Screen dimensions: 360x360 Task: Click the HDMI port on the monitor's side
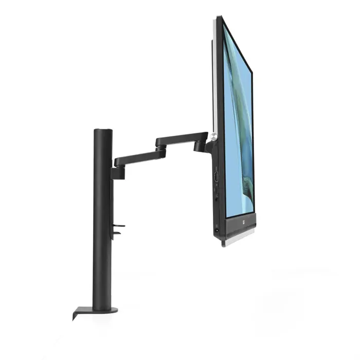[217, 177]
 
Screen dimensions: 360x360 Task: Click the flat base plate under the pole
[97, 311]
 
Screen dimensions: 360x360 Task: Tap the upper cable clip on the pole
[119, 225]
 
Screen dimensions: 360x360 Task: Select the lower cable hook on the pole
[117, 233]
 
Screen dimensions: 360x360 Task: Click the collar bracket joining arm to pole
[117, 173]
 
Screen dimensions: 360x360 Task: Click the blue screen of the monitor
[238, 129]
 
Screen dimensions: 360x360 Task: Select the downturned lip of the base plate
[76, 314]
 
